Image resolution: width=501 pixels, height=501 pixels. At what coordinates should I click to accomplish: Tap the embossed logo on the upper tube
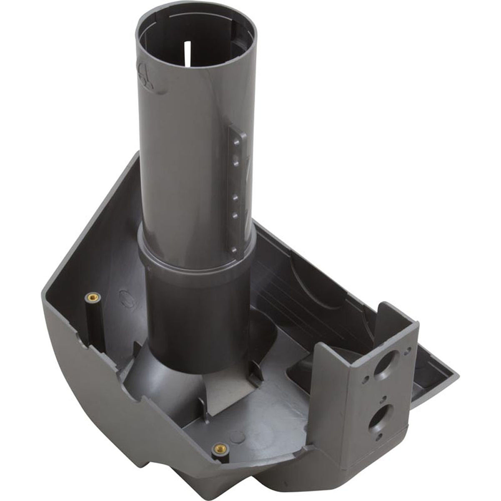tap(144, 75)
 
